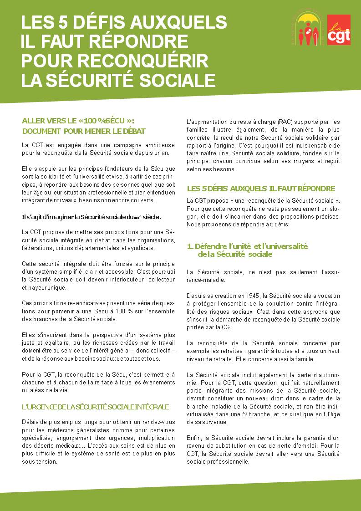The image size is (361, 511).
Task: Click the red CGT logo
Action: pyautogui.click(x=339, y=30)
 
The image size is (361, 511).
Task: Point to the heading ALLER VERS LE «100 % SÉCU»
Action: pyautogui.click(x=78, y=121)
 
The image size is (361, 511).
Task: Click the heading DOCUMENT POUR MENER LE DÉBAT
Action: pyautogui.click(x=84, y=131)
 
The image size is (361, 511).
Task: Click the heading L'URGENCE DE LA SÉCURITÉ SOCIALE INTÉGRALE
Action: pyautogui.click(x=95, y=407)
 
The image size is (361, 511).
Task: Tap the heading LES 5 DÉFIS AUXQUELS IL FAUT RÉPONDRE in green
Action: pyautogui.click(x=261, y=189)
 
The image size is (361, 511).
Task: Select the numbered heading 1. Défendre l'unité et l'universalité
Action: pyautogui.click(x=248, y=250)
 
